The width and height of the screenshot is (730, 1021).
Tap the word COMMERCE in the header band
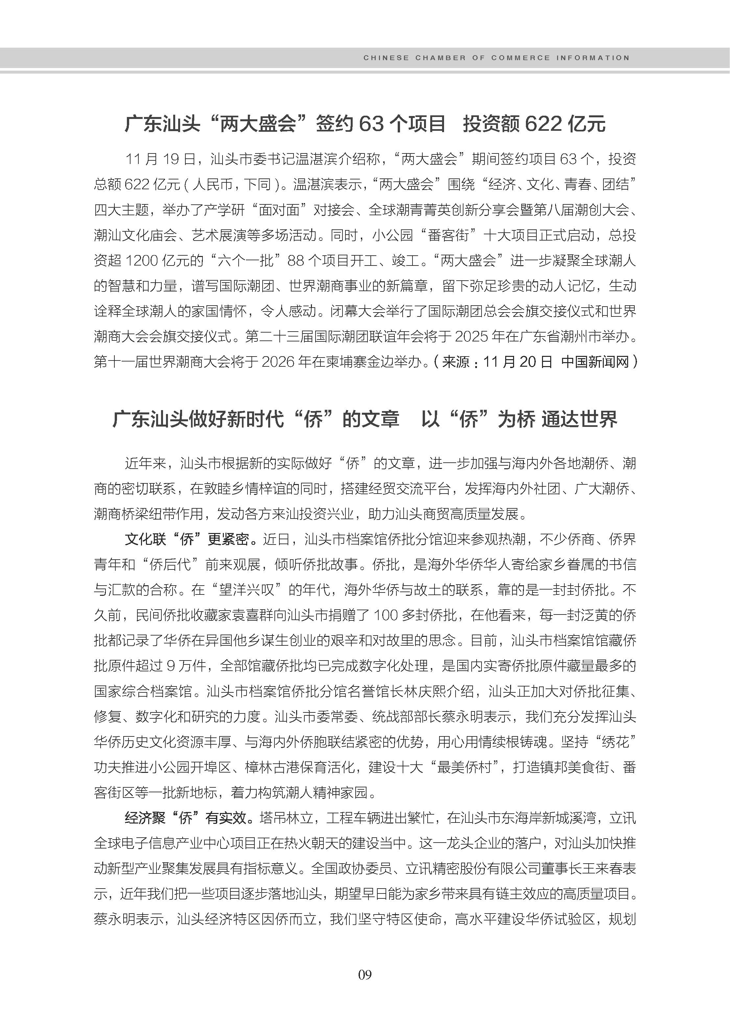click(521, 58)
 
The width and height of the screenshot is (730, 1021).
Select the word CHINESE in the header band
click(386, 58)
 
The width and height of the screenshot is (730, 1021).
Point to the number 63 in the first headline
click(371, 124)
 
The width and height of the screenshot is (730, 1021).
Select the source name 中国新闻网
click(595, 362)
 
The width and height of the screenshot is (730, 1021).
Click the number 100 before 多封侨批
click(386, 615)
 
